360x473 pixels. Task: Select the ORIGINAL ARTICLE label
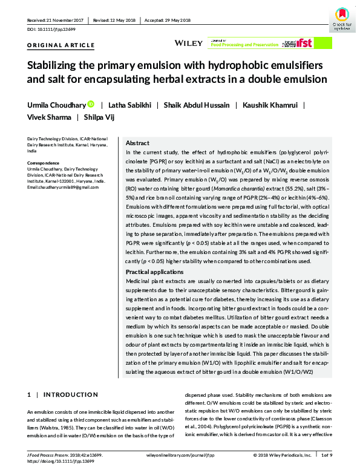tap(61, 45)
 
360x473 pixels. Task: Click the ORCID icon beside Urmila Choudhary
tap(91, 105)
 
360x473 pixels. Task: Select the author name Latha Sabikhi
tap(129, 105)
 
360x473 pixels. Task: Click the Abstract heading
tap(137, 143)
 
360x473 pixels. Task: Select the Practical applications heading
tap(155, 272)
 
